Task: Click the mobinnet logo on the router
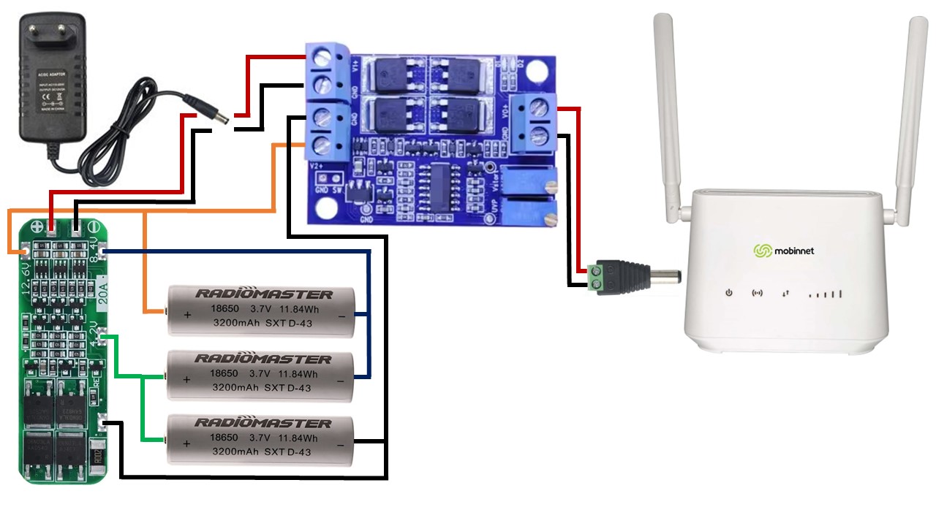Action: click(784, 251)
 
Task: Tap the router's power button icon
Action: click(728, 294)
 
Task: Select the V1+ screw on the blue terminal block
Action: click(320, 56)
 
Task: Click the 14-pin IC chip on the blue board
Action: click(440, 186)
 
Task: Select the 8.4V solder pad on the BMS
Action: click(102, 252)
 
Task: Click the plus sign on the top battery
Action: click(186, 315)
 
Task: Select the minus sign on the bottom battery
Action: click(341, 444)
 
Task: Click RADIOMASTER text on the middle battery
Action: click(263, 359)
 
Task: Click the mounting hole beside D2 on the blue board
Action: click(537, 71)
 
